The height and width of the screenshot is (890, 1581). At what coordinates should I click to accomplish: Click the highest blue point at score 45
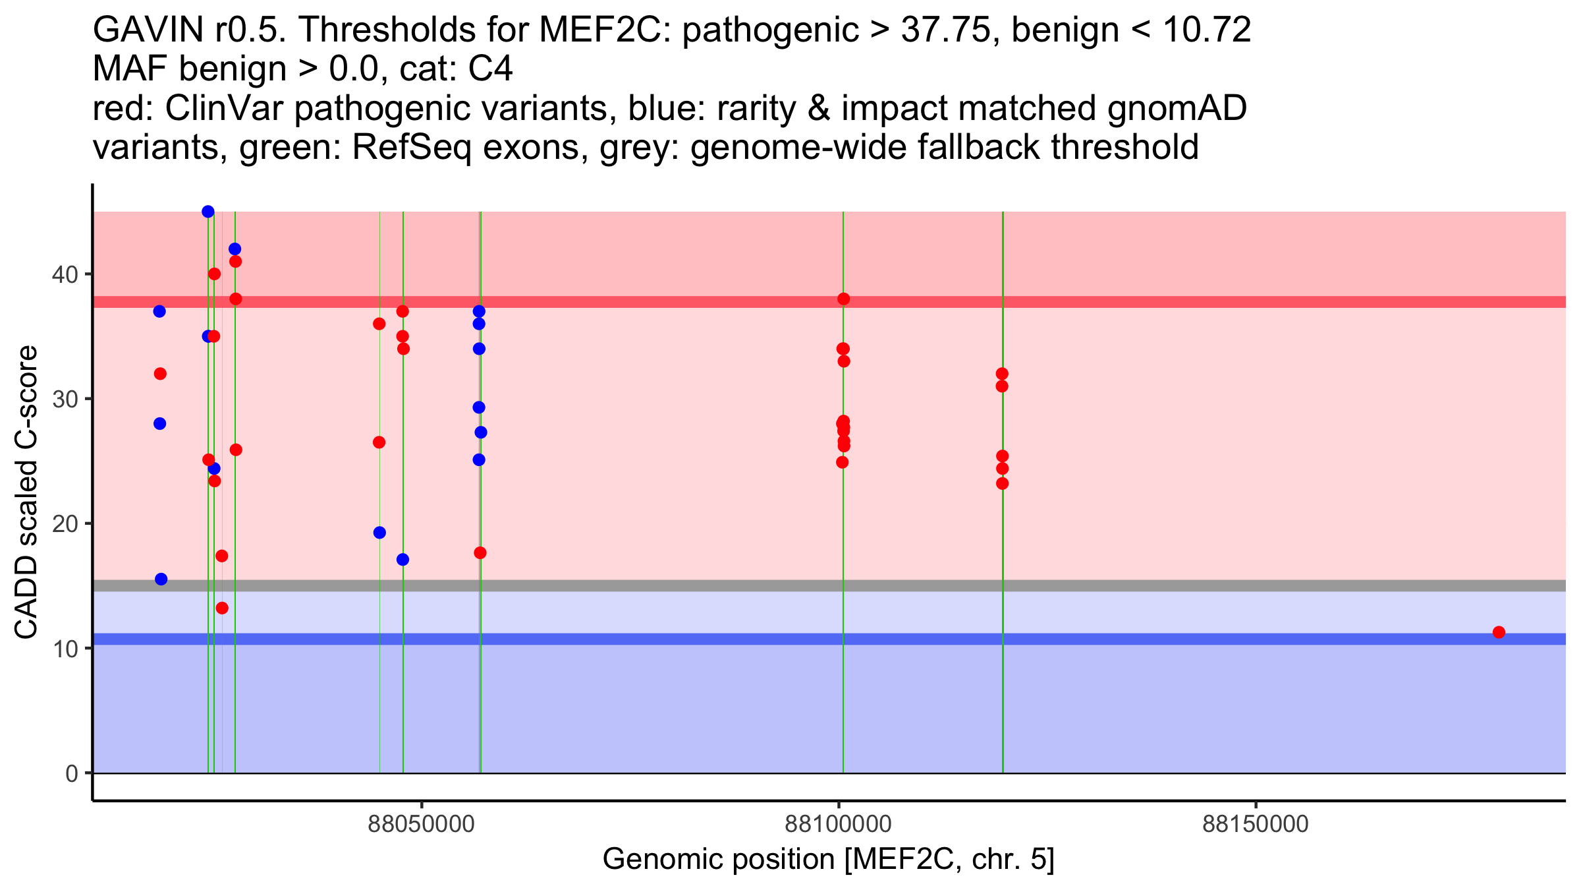click(x=208, y=212)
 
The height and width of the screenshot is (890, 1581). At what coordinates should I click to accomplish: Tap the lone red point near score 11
click(x=1499, y=632)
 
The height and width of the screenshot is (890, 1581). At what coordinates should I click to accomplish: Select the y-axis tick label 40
click(x=65, y=274)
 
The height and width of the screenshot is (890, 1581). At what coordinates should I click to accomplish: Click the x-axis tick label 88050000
click(x=421, y=824)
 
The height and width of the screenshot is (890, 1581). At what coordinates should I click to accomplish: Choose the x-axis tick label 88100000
click(x=839, y=824)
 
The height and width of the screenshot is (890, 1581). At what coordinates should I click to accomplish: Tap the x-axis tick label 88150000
click(x=1256, y=824)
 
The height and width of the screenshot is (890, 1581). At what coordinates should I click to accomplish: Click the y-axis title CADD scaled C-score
click(x=26, y=492)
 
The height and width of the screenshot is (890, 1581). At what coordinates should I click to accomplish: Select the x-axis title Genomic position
click(x=828, y=860)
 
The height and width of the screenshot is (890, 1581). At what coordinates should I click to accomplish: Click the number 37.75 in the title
click(x=946, y=30)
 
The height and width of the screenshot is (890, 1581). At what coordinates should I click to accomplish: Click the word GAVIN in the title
click(x=149, y=30)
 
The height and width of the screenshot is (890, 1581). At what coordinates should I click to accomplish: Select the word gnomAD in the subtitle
click(x=1177, y=108)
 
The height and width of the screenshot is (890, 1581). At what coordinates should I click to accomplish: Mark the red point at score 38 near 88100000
click(x=843, y=299)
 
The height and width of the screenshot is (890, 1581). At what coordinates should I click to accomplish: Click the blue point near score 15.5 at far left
click(x=161, y=579)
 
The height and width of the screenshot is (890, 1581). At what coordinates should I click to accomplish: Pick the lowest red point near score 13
click(x=222, y=608)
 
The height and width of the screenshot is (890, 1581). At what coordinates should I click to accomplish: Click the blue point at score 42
click(x=235, y=249)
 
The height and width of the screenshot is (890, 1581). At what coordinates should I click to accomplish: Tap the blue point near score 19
click(x=379, y=533)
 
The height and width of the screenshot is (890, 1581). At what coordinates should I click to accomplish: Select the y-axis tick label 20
click(x=65, y=523)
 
